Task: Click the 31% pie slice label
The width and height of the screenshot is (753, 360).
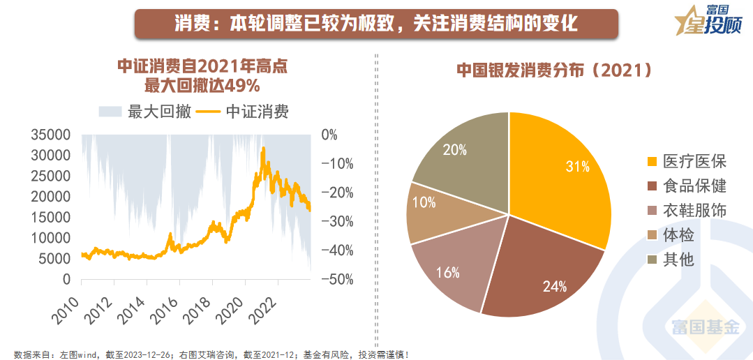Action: coord(578,167)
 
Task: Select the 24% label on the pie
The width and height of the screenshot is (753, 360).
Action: coord(555,286)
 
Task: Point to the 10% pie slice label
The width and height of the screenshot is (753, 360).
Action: coord(424,202)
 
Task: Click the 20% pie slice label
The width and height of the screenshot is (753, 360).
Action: coord(454,149)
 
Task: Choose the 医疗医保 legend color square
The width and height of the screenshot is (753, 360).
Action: coord(652,162)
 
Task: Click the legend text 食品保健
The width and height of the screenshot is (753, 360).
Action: coord(694,186)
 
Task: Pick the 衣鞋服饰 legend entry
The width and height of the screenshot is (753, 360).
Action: coord(694,211)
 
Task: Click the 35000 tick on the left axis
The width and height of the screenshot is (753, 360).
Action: coord(51,135)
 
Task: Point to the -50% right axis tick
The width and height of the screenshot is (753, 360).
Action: coord(336,279)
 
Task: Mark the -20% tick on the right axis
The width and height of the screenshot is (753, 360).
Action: coord(336,193)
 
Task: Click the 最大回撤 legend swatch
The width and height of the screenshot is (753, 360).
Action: coord(110,112)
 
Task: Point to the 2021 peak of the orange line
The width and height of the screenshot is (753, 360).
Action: coord(262,148)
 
